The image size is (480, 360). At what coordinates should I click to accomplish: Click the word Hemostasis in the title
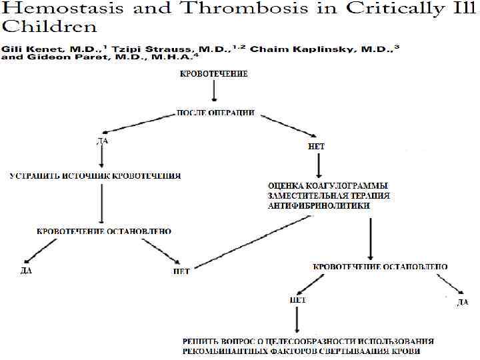47,10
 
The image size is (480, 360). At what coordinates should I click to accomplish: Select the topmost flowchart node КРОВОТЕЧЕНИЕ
214,75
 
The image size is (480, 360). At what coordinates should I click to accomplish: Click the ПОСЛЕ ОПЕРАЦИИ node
215,113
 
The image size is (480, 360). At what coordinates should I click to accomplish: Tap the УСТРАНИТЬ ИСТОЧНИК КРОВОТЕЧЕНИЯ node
95,176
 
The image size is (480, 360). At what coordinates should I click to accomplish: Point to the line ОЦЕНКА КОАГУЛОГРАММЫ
329,185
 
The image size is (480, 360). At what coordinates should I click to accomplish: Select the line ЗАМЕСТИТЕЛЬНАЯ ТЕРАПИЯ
329,195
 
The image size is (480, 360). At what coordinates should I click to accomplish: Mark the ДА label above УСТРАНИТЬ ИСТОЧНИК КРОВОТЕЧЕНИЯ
101,141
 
